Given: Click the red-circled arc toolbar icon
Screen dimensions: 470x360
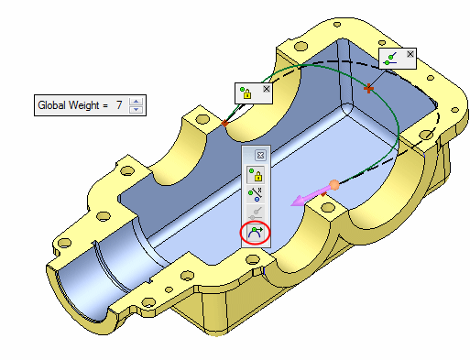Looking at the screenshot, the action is coord(256,234).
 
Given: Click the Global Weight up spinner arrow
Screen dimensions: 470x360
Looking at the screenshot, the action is coord(136,102).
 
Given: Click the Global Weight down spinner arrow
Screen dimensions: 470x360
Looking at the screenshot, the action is coord(136,109).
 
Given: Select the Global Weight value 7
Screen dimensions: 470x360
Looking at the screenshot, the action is coord(119,105).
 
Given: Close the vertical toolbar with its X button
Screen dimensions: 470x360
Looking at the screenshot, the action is coord(260,156).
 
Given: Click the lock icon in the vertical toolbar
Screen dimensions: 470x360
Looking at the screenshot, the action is coord(256,175).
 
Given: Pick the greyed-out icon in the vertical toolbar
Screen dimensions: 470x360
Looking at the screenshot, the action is coord(256,213).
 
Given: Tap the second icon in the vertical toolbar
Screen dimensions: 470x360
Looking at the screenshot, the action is coord(256,194).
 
